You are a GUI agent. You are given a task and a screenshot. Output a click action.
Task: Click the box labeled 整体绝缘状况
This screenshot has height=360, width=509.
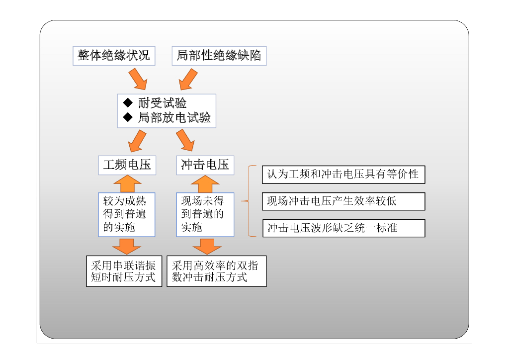[114, 56]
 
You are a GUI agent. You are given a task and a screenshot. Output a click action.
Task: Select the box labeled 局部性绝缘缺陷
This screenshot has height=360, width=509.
[219, 56]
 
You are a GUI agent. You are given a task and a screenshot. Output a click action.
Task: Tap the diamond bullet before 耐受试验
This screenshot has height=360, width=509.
[128, 103]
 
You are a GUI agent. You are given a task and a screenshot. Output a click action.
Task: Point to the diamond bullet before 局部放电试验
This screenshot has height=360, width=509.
[128, 117]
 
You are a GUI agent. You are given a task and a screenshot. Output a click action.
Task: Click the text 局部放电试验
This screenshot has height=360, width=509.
[174, 118]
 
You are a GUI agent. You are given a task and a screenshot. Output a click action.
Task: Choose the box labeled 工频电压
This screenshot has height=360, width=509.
[127, 165]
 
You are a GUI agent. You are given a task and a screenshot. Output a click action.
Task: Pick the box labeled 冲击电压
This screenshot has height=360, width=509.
[205, 165]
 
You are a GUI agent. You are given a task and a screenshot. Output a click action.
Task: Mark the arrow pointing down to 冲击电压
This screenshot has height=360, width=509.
[186, 140]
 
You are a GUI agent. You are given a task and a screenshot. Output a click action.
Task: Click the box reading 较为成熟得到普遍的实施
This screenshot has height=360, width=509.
[127, 214]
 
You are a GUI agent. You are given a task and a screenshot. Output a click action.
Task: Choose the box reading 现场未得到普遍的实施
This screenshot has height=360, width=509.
[205, 214]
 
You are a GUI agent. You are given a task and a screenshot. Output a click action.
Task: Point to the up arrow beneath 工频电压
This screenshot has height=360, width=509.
[127, 183]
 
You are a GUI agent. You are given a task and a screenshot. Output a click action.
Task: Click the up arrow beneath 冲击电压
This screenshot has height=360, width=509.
[205, 183]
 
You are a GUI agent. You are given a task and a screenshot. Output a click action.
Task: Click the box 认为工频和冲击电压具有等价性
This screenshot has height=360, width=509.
[343, 175]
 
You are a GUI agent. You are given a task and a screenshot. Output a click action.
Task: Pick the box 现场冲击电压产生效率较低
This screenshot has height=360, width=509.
[343, 201]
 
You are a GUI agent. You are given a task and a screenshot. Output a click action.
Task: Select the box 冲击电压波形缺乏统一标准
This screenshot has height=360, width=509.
[343, 228]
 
